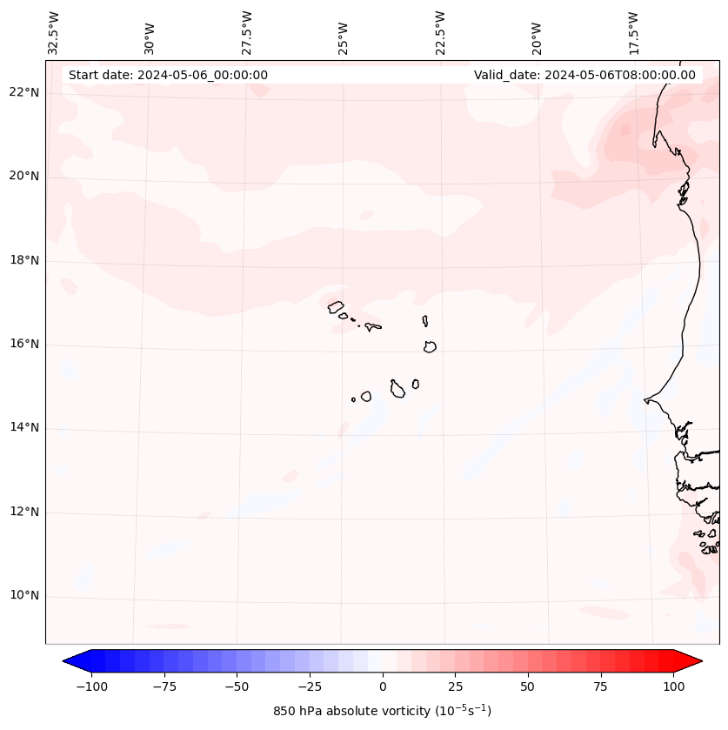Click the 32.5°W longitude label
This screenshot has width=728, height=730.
54,33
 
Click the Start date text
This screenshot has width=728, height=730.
168,75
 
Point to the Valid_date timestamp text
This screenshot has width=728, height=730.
584,75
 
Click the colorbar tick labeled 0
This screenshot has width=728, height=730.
383,687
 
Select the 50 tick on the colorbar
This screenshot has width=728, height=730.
528,687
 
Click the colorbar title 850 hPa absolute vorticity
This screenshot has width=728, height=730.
382,712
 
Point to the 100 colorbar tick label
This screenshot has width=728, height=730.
673,687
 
